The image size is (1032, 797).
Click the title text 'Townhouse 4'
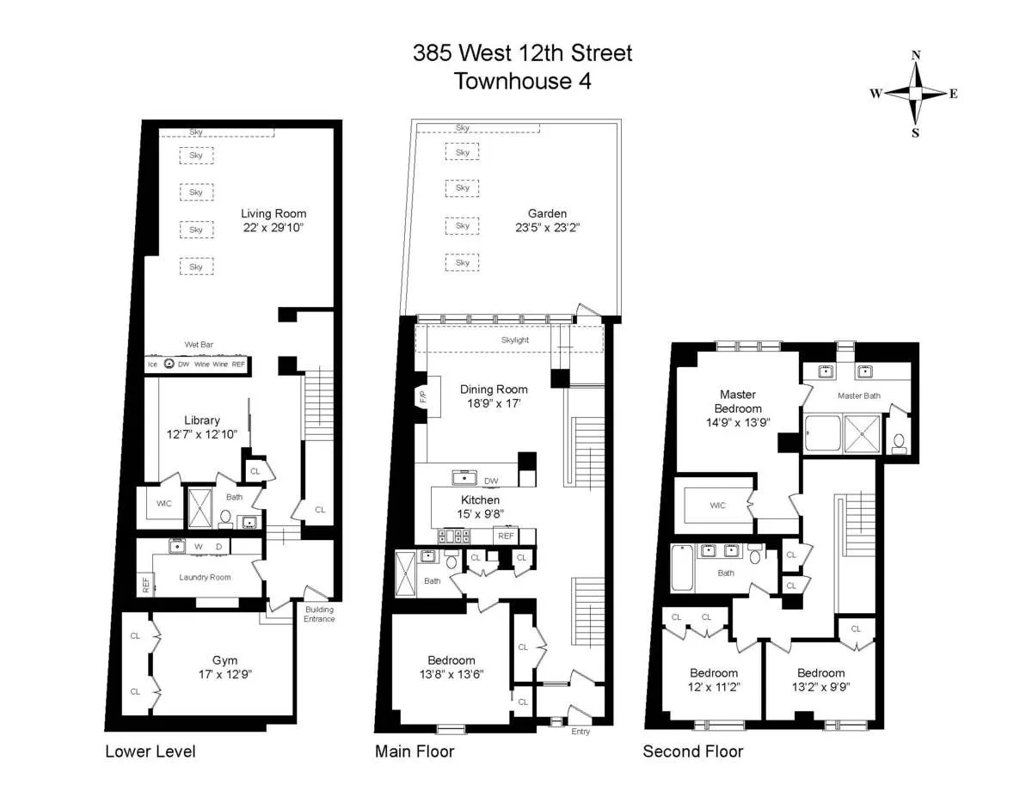pyautogui.click(x=522, y=82)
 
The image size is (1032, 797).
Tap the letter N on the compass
pyautogui.click(x=916, y=56)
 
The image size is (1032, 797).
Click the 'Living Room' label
pyautogui.click(x=273, y=214)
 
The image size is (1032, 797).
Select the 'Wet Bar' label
pyautogui.click(x=199, y=345)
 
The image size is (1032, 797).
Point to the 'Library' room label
pyautogui.click(x=201, y=420)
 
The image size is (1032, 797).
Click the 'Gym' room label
pyautogui.click(x=224, y=660)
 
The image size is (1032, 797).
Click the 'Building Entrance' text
pyautogui.click(x=319, y=615)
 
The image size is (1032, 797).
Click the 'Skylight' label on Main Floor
pyautogui.click(x=515, y=340)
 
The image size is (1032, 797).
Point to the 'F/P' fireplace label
pyautogui.click(x=422, y=397)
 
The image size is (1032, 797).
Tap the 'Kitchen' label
pyautogui.click(x=480, y=500)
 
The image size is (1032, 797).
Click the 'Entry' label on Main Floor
pyautogui.click(x=580, y=732)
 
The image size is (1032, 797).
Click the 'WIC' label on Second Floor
pyautogui.click(x=717, y=506)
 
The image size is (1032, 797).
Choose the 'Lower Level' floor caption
pyautogui.click(x=150, y=751)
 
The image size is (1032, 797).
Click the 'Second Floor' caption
pyautogui.click(x=693, y=751)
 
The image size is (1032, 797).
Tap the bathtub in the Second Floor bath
pyautogui.click(x=681, y=567)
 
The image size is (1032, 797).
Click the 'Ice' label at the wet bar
pyautogui.click(x=151, y=364)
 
